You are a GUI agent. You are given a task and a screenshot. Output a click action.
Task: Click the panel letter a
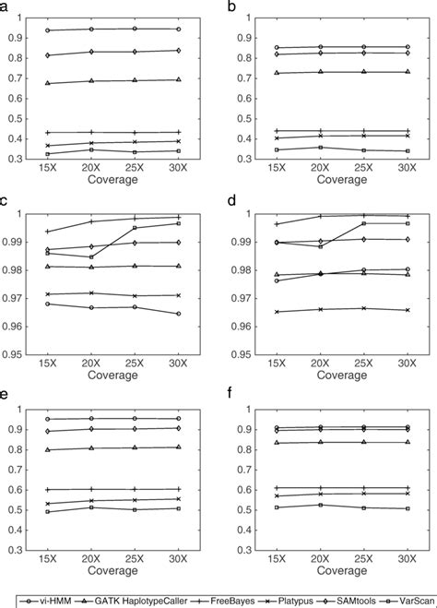(6, 6)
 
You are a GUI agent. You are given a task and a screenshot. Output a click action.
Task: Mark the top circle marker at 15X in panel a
(47, 30)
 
